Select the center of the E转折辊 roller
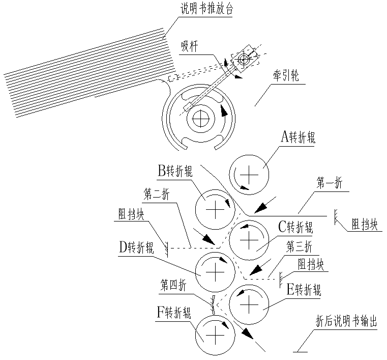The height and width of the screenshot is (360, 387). pos(248,304)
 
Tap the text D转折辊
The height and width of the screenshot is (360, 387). pos(136,246)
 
